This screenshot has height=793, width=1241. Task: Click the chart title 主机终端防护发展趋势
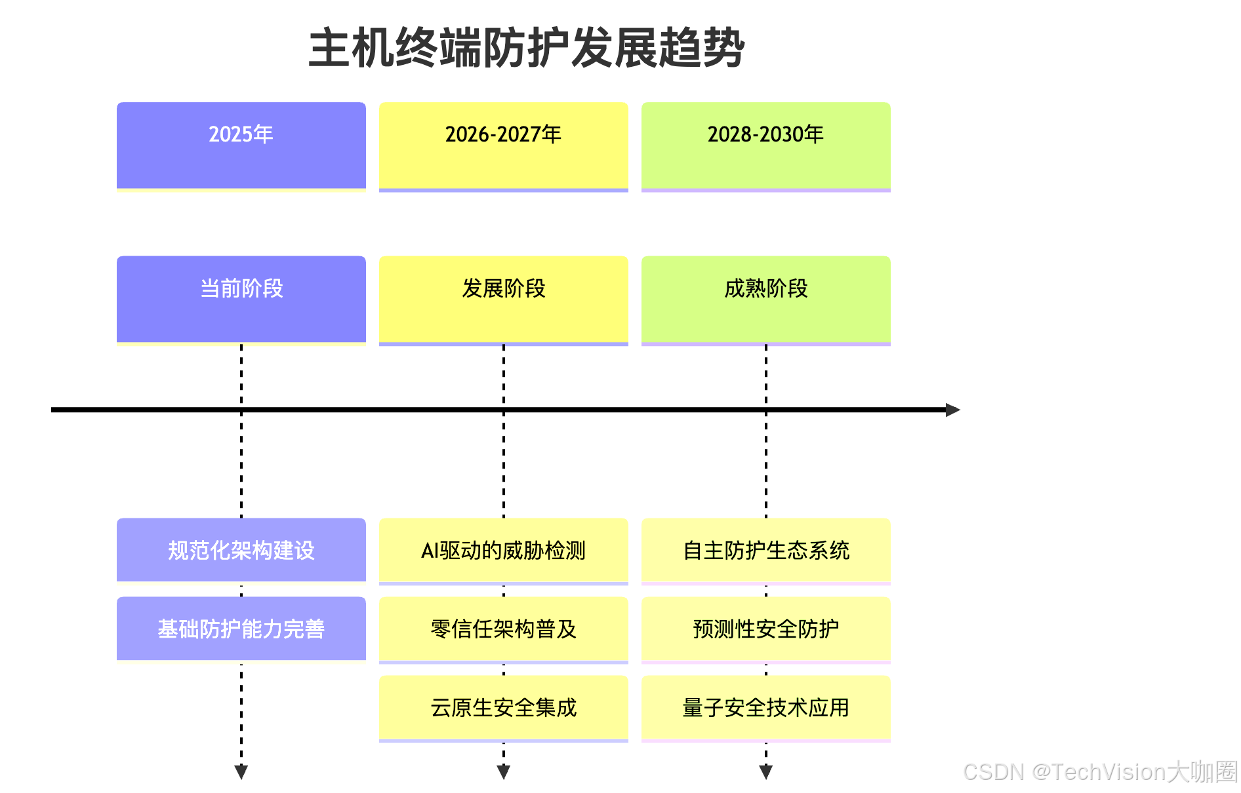pos(526,48)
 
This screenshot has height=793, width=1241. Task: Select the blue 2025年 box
pos(241,145)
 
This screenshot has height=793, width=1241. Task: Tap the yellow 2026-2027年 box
pos(503,145)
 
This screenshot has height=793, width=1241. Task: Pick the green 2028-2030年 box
pos(765,145)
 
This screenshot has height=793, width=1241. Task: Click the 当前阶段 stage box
pos(241,299)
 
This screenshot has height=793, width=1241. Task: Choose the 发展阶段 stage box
pos(503,299)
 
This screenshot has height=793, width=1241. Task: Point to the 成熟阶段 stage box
pos(765,299)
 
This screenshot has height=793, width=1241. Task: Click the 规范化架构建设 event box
pos(241,550)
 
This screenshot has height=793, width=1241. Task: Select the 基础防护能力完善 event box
pos(241,629)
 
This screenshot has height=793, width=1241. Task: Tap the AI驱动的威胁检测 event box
pos(503,550)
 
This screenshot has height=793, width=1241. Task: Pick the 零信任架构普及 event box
pos(503,629)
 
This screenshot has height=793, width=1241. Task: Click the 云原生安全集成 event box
pos(503,707)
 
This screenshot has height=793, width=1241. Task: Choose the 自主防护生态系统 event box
pos(765,550)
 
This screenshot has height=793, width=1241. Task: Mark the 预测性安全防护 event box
pos(765,629)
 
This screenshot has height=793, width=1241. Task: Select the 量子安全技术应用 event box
pos(765,707)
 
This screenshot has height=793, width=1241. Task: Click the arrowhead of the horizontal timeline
pos(952,410)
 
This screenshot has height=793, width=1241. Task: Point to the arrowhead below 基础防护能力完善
pos(241,771)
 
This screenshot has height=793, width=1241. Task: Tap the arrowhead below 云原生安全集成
pos(503,771)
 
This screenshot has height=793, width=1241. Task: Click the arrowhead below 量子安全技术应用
pos(765,771)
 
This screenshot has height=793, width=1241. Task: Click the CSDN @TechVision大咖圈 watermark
pos(1099,772)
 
